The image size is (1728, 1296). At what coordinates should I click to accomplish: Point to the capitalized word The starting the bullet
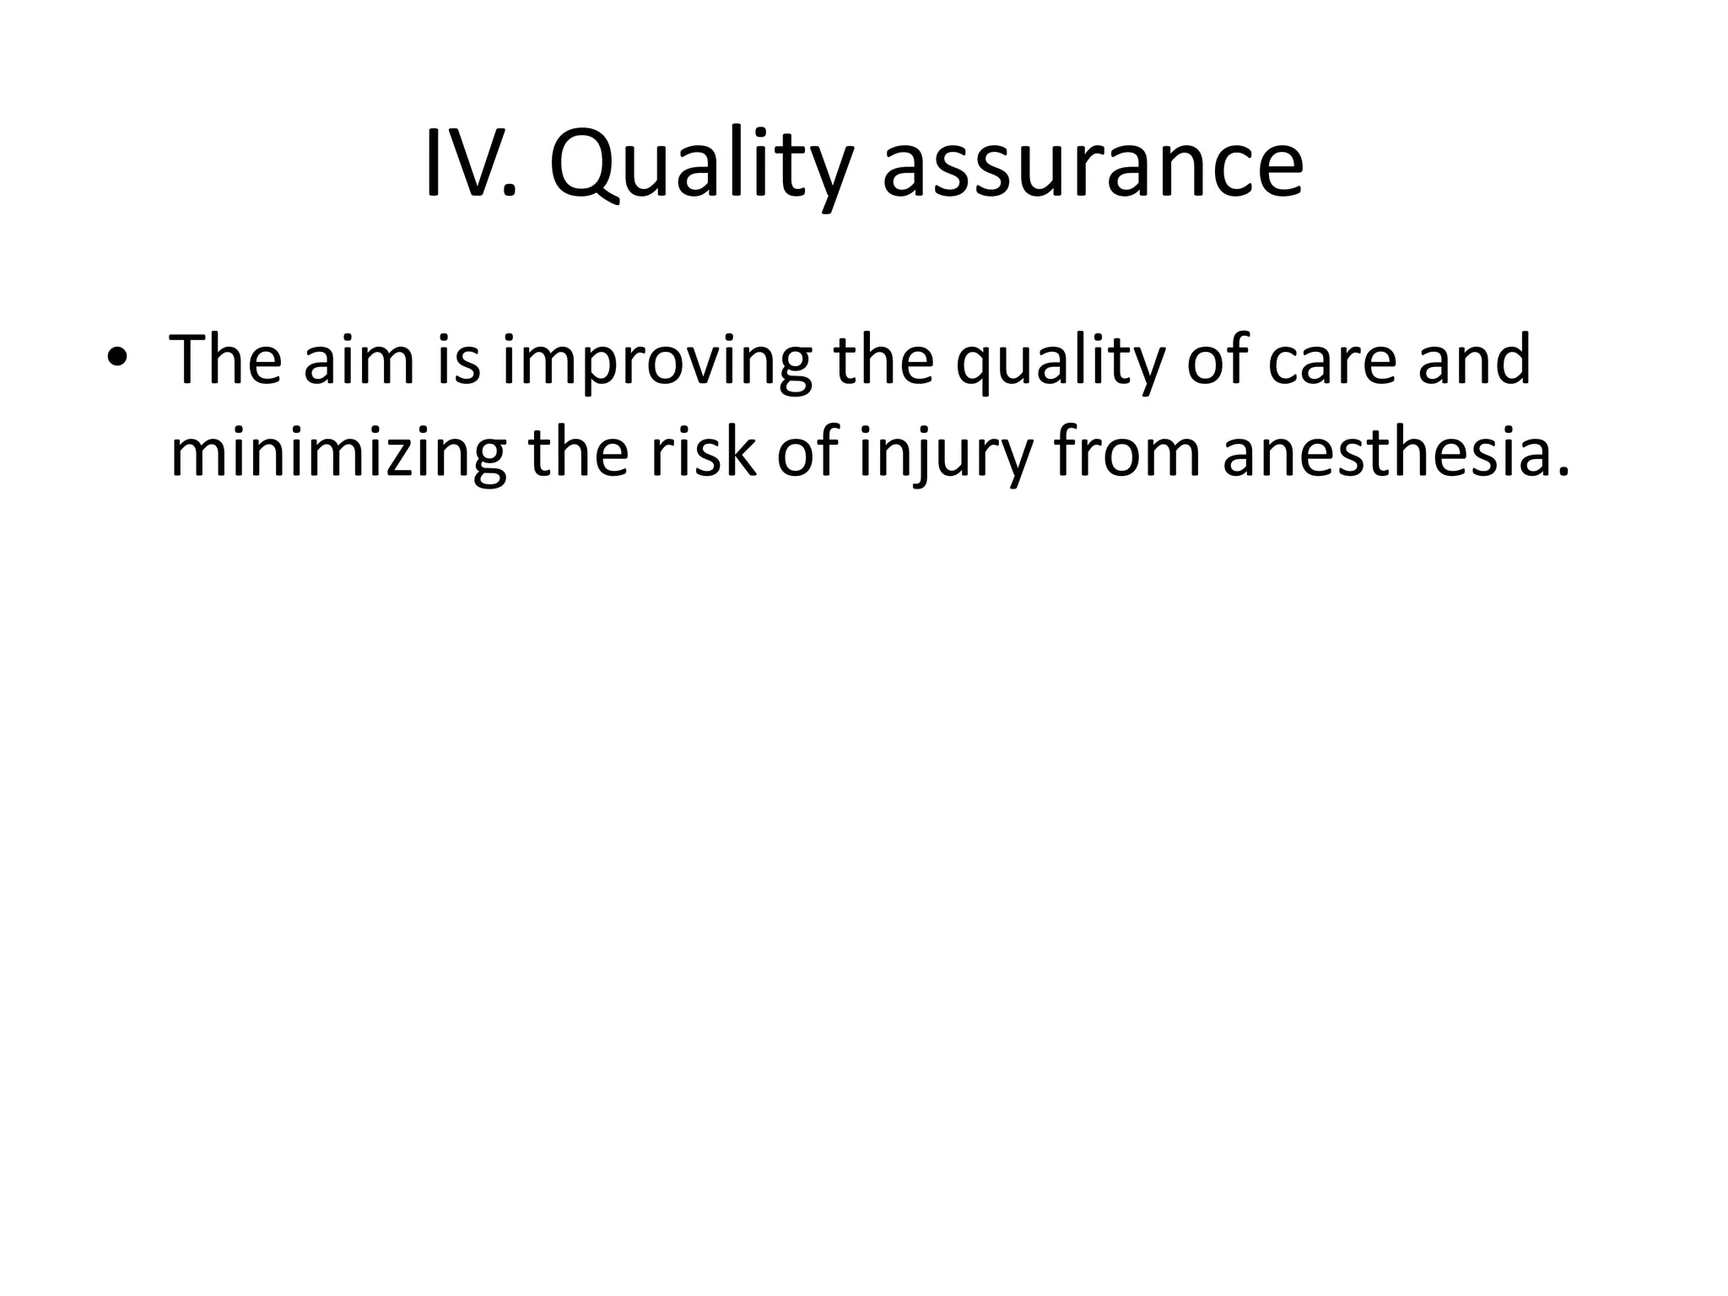(x=225, y=359)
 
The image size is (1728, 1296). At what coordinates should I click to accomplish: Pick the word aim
(x=359, y=359)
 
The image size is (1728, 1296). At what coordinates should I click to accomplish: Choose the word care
(x=1333, y=361)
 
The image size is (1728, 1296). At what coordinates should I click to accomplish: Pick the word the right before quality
(x=883, y=359)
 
